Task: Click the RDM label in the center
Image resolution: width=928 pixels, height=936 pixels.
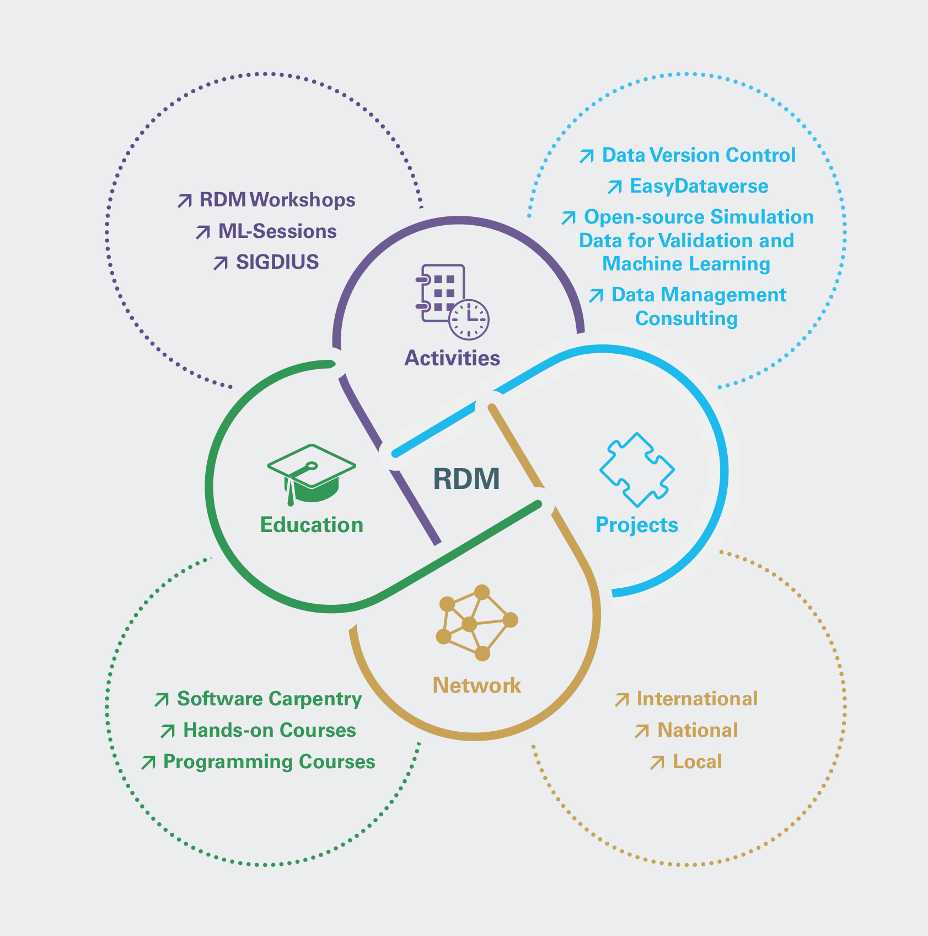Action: (466, 478)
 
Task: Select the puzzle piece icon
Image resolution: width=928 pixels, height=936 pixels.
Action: (637, 470)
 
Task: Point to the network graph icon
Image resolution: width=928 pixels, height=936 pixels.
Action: (477, 623)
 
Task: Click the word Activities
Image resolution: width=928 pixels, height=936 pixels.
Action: (452, 358)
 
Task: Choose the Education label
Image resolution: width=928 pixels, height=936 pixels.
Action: (312, 525)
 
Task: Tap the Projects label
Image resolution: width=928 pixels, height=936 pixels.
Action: (637, 525)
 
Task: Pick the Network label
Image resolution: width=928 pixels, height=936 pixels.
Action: (477, 685)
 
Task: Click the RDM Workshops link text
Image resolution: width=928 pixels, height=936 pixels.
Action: (277, 200)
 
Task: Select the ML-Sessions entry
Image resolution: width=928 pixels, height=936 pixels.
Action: (277, 231)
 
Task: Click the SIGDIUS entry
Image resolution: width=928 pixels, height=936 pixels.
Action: (277, 262)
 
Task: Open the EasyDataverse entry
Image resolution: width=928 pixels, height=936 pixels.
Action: (699, 187)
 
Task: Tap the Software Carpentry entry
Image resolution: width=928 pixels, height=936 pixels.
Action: (269, 699)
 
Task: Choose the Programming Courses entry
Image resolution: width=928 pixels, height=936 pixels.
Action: (269, 762)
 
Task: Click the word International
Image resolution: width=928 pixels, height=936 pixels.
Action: (697, 699)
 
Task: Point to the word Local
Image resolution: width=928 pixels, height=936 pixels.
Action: (698, 762)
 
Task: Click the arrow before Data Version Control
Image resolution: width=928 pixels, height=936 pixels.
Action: (586, 156)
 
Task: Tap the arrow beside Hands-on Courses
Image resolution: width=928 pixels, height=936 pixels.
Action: (168, 731)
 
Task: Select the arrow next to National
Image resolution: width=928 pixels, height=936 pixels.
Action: (642, 731)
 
